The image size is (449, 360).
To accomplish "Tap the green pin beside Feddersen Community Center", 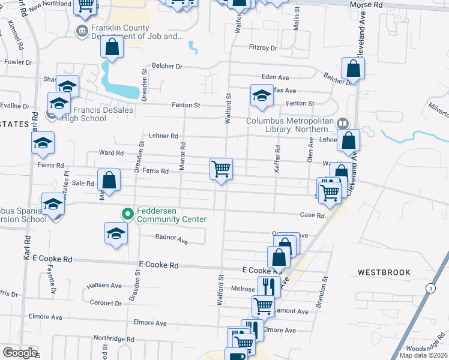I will point(127,213).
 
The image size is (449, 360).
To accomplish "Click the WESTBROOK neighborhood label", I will point(384,272).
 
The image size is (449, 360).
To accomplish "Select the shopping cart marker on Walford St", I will point(221,169).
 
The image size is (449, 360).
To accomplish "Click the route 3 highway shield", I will point(430,289).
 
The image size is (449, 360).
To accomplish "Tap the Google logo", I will point(20,353).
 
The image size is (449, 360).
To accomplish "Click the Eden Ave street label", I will point(276,77).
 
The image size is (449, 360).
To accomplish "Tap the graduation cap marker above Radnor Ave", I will point(116,233).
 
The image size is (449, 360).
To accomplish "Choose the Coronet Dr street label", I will point(105,303).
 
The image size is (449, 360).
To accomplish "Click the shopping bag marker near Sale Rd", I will point(109,180).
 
